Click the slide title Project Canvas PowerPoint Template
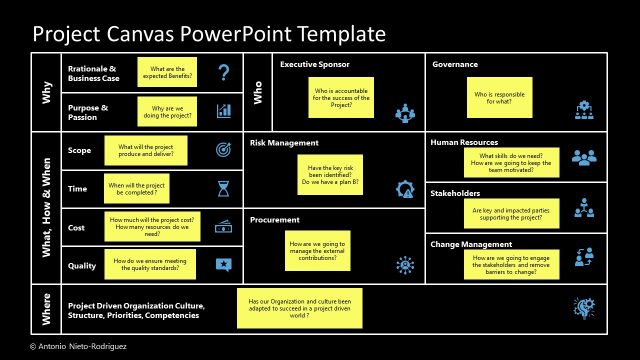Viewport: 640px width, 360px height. click(209, 34)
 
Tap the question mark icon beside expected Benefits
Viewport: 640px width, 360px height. click(224, 72)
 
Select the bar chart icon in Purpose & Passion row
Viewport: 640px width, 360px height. click(224, 111)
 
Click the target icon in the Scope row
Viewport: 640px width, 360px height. click(224, 150)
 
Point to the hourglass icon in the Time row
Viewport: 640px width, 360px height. click(224, 188)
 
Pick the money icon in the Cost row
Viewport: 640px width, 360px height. click(224, 226)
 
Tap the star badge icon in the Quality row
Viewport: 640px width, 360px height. click(224, 264)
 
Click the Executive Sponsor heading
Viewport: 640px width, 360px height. click(314, 65)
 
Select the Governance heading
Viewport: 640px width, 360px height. click(455, 65)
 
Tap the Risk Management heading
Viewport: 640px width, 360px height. click(284, 143)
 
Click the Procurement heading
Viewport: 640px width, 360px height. click(275, 219)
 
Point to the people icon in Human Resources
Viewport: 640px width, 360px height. click(583, 158)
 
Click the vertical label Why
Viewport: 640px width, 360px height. click(46, 92)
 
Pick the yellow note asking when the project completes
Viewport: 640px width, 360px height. click(147, 188)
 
